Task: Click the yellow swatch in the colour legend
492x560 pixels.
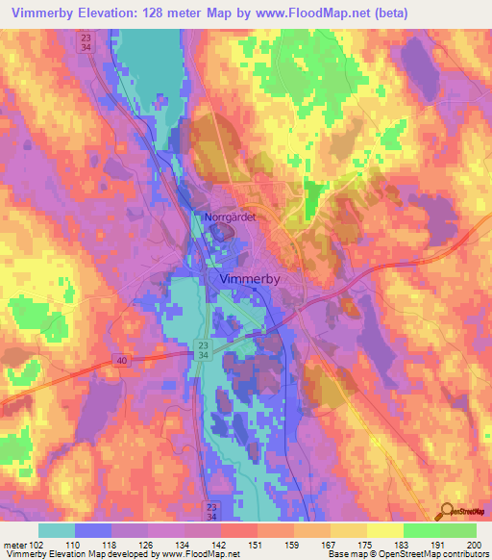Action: pyautogui.click(x=385, y=530)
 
